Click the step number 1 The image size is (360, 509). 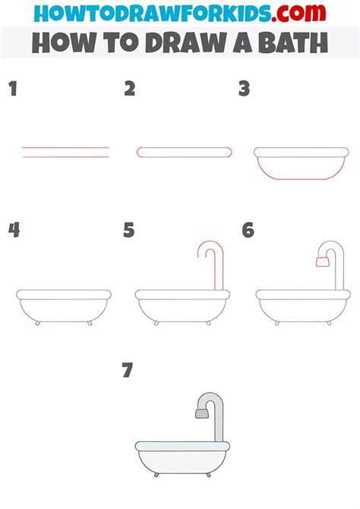coord(13,88)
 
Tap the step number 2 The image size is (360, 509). coord(130,88)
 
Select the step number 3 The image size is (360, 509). coord(244,88)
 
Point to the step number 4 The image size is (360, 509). coord(14,230)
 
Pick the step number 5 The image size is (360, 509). coord(129,230)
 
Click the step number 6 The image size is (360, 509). coord(248,230)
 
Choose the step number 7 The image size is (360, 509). coord(128,370)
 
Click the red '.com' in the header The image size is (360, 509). coord(298,13)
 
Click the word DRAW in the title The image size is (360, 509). coord(186,43)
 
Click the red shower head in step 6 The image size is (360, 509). coord(322,261)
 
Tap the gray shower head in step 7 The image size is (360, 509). coord(201,413)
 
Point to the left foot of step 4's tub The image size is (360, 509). coord(38,323)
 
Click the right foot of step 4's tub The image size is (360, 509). coord(90,323)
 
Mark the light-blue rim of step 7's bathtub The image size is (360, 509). coord(182,446)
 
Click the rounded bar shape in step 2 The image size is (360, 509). coord(185,152)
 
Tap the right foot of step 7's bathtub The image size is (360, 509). coord(208,475)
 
